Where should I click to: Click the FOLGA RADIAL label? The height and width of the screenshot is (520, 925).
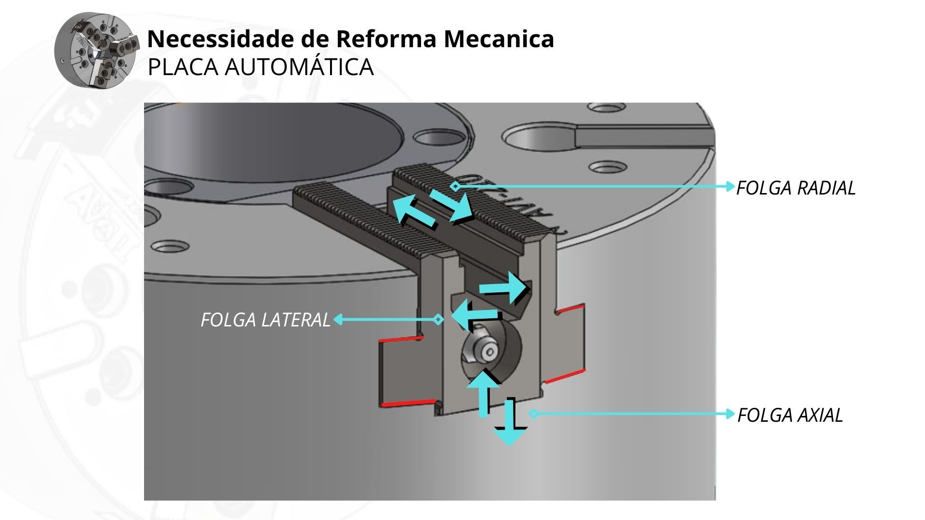coord(796,188)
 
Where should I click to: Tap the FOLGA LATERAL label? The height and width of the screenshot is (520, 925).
coord(265,320)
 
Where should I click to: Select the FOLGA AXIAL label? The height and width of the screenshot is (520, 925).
coord(790,415)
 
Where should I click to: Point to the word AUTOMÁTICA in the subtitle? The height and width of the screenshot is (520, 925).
coord(299,67)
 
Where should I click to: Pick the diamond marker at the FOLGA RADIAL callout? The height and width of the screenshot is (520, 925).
coord(455,186)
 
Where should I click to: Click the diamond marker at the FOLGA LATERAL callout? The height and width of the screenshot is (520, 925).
coord(438,319)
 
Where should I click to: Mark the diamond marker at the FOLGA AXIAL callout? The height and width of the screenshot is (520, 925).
coord(533,414)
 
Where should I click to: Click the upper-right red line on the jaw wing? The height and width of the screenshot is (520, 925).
coord(571,308)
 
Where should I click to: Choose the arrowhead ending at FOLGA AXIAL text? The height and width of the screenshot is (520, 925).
coord(731,414)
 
